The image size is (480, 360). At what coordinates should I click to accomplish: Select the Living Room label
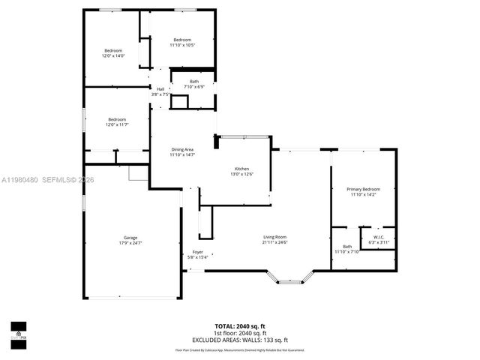click(x=274, y=236)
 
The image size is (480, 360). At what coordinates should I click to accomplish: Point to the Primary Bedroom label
click(x=363, y=189)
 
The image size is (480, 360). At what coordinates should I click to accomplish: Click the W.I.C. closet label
click(x=378, y=236)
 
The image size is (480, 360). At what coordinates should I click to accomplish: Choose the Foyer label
click(x=197, y=252)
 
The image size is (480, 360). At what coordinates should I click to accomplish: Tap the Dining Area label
click(x=182, y=149)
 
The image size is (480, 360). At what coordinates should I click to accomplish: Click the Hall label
click(x=160, y=88)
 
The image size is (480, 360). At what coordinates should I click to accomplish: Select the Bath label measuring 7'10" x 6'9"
click(x=194, y=81)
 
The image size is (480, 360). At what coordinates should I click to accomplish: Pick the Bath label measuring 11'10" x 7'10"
click(x=347, y=247)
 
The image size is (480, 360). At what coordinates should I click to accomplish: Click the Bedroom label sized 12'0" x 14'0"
click(x=113, y=50)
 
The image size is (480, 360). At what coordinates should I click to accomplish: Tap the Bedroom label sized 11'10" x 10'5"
click(x=182, y=40)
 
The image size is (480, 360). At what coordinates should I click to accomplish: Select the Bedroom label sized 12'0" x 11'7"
click(x=116, y=119)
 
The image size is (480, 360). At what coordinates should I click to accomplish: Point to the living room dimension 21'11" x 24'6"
click(x=274, y=242)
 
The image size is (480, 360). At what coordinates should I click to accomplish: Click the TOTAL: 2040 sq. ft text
click(x=240, y=326)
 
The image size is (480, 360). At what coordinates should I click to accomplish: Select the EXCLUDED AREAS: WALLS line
click(x=240, y=340)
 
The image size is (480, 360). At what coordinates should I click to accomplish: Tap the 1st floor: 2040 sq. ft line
click(x=240, y=333)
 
